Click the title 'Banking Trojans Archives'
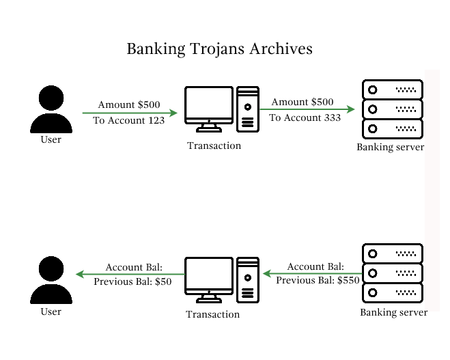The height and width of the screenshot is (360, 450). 219,49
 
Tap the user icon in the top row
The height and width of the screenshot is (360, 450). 51,109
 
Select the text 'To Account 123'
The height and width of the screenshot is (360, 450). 129,120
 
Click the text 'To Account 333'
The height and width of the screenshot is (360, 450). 305,117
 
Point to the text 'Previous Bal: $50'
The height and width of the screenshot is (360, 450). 132,281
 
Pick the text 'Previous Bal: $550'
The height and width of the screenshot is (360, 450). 318,280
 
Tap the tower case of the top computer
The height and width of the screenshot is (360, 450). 248,109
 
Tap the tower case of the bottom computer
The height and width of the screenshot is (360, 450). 248,280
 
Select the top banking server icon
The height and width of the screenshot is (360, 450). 392,109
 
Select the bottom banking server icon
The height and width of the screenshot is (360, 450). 392,273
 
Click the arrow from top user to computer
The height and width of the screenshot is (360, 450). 130,113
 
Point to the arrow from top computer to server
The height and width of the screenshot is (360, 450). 307,109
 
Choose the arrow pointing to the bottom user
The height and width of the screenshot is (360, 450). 130,274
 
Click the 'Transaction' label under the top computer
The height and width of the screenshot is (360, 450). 214,146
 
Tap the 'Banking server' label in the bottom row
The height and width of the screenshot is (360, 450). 394,312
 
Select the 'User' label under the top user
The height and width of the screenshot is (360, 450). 51,140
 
